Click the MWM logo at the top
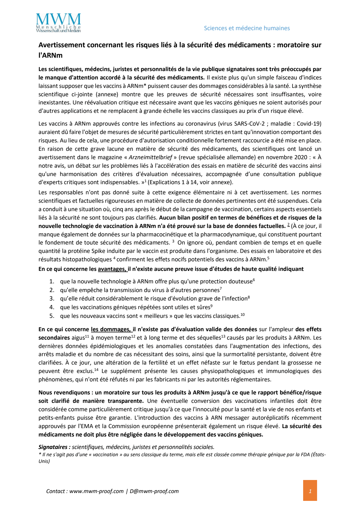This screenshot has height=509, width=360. point(58,23)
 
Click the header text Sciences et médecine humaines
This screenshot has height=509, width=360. point(247,28)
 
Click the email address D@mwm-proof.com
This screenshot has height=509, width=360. point(154,491)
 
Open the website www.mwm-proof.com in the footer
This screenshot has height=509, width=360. point(96,491)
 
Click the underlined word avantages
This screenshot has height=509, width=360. point(112,269)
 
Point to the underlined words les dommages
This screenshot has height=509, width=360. point(111,329)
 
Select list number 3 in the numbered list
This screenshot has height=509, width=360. point(52,298)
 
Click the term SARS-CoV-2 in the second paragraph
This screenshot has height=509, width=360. point(249,124)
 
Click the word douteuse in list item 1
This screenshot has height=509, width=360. point(241,281)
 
